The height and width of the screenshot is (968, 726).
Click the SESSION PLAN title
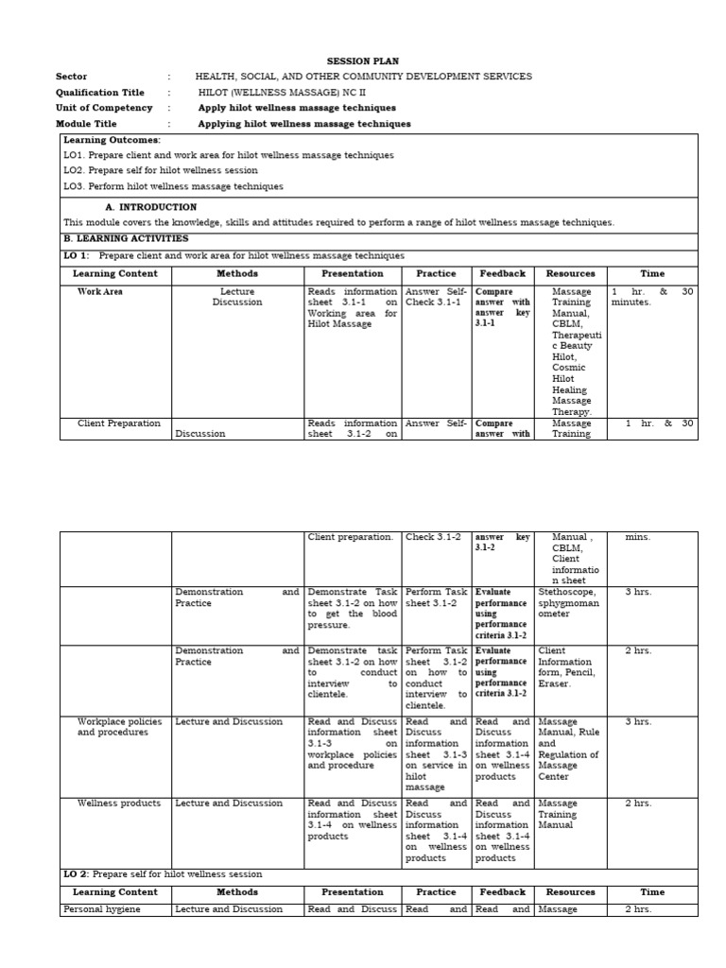tap(363, 60)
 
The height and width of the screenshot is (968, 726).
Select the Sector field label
tap(71, 77)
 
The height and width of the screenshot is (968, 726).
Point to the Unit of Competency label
tap(104, 108)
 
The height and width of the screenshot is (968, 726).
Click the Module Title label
tap(86, 124)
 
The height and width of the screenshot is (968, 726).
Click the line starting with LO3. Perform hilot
tap(173, 186)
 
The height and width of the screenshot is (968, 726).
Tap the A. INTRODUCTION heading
tap(150, 207)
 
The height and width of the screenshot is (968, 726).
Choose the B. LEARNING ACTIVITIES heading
tap(126, 239)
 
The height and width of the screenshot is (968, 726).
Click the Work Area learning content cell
tap(99, 292)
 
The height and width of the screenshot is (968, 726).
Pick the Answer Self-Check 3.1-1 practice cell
tap(437, 297)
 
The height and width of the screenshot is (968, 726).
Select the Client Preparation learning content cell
tap(118, 423)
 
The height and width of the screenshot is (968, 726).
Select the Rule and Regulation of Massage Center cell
tap(568, 749)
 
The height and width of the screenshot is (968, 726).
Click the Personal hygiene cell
tap(101, 909)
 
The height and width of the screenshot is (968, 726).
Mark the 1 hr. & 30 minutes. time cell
tap(651, 298)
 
